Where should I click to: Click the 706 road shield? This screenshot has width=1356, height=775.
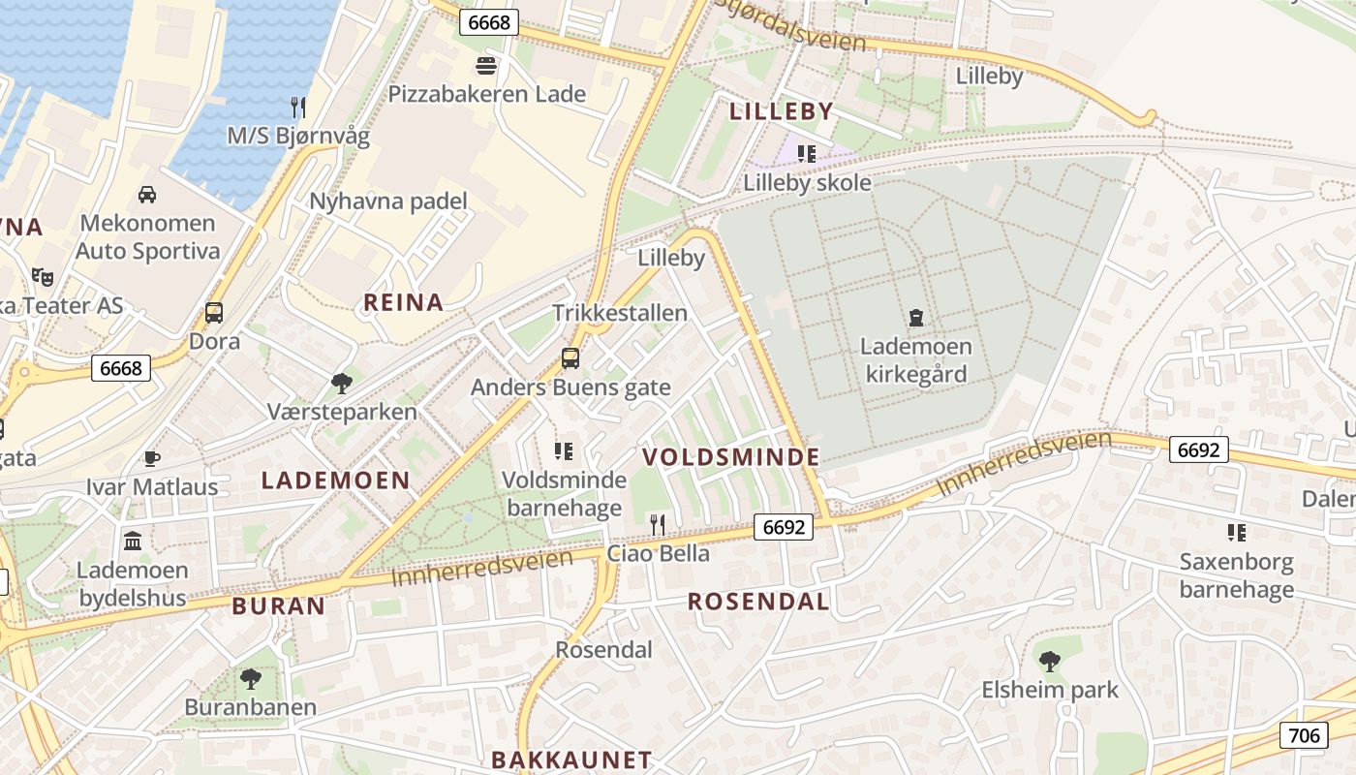(1304, 735)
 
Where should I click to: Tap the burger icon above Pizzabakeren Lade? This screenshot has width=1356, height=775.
(486, 66)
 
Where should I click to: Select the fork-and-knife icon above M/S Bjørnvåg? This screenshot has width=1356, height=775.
(298, 107)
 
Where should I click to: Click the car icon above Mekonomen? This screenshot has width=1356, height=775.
(147, 195)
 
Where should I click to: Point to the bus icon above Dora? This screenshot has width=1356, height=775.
(214, 313)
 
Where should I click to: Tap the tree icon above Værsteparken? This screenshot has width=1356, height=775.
(341, 384)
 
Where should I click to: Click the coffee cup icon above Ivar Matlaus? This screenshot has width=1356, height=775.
(151, 458)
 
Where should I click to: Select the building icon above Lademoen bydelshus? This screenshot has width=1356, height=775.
(133, 541)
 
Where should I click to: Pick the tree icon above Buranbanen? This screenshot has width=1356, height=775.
(251, 678)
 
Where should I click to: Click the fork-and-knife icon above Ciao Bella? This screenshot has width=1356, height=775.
(658, 525)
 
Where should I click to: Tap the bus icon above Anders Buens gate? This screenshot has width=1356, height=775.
(570, 358)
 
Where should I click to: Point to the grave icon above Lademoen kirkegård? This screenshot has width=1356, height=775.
(915, 317)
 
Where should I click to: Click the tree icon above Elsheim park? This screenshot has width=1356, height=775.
(1049, 662)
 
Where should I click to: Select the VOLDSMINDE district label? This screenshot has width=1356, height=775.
(731, 457)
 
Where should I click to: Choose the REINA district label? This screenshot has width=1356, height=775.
(403, 302)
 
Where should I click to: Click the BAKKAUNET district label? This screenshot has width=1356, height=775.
(571, 759)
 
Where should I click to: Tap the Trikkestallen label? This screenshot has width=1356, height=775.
(620, 313)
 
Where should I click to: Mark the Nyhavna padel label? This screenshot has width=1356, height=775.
(388, 201)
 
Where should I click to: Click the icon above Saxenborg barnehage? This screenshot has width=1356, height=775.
(1236, 532)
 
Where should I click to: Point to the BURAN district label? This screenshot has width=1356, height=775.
(279, 606)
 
